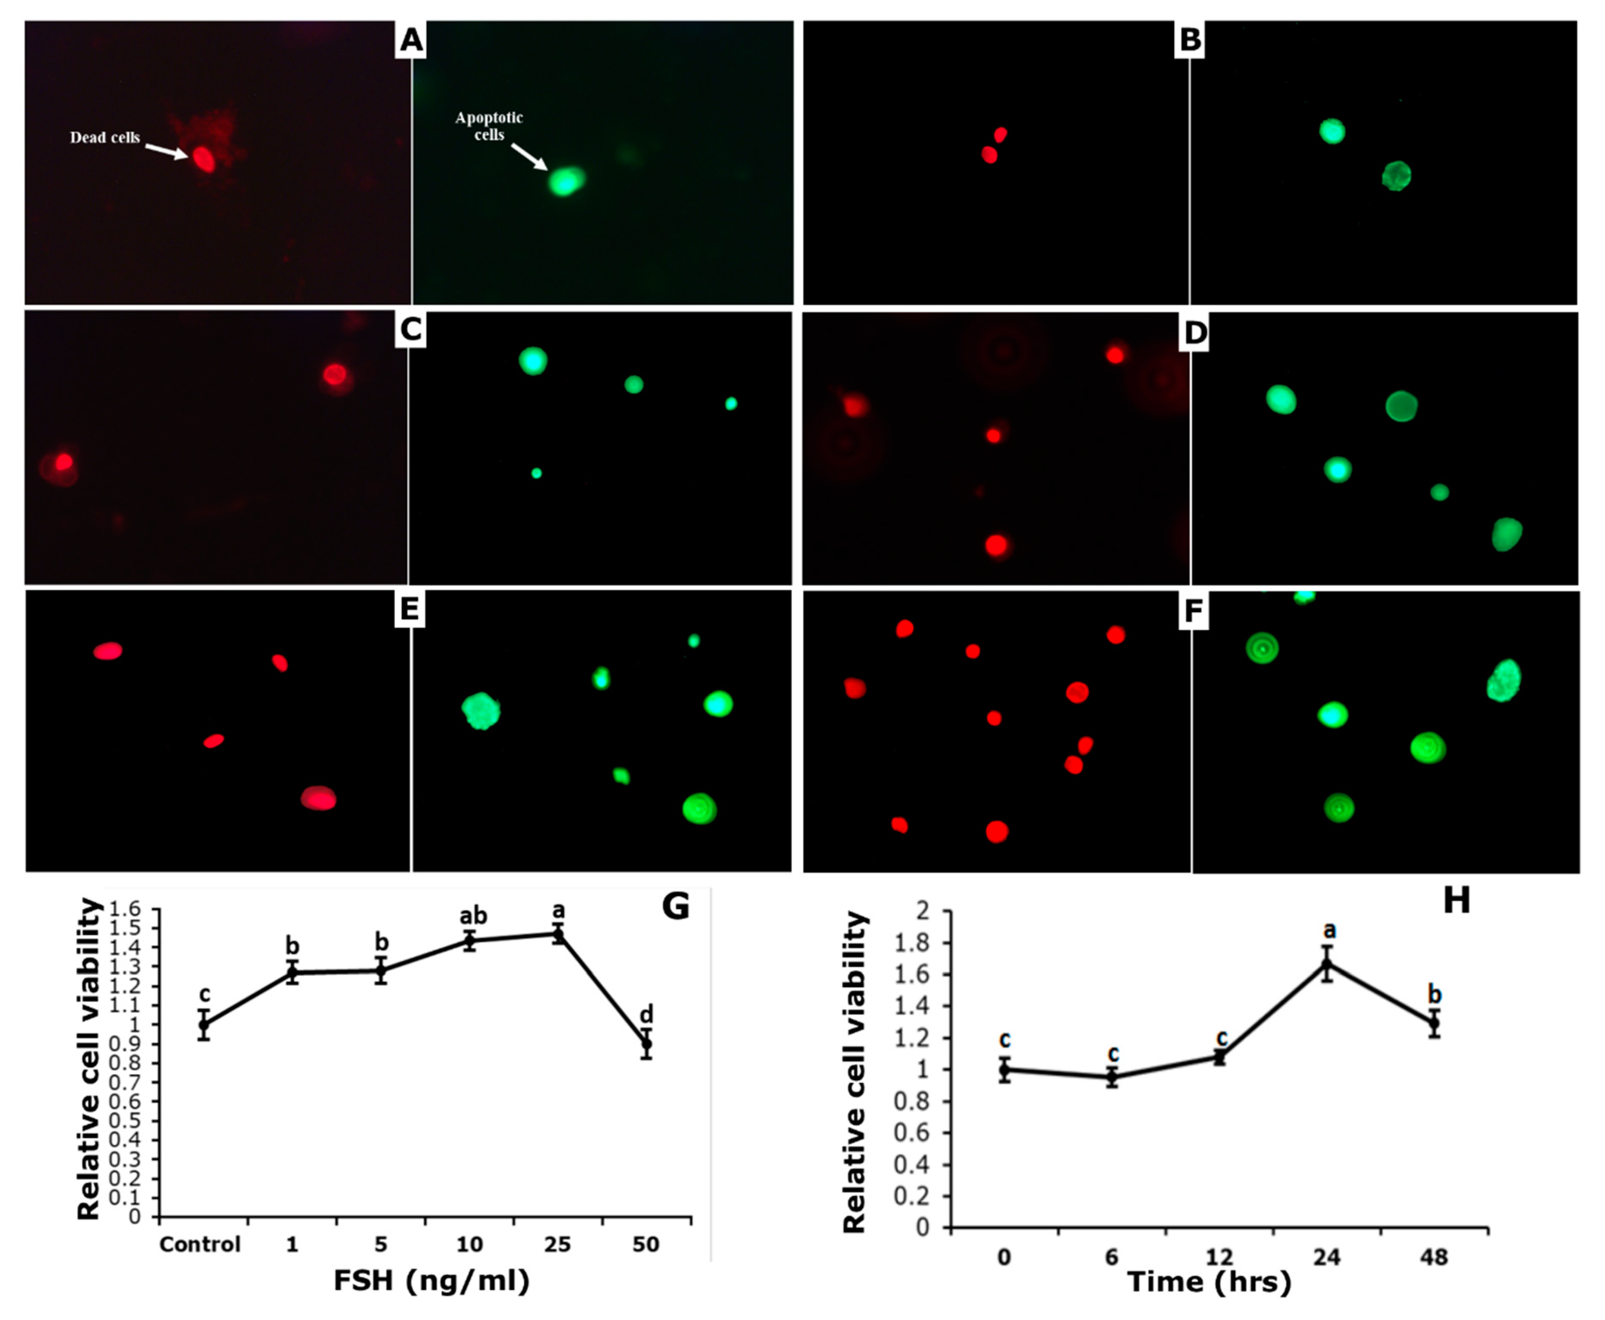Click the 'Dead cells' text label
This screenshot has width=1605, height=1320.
click(x=105, y=138)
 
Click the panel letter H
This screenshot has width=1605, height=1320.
click(x=1456, y=900)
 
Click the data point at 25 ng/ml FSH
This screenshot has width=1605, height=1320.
click(x=558, y=934)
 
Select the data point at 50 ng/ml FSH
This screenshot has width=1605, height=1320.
click(x=646, y=1044)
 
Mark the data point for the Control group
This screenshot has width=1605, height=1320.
click(x=204, y=1024)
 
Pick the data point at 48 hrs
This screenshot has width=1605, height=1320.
click(x=1434, y=1024)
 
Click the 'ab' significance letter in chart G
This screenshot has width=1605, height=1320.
click(x=473, y=915)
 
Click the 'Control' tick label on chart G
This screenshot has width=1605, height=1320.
click(x=200, y=1244)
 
